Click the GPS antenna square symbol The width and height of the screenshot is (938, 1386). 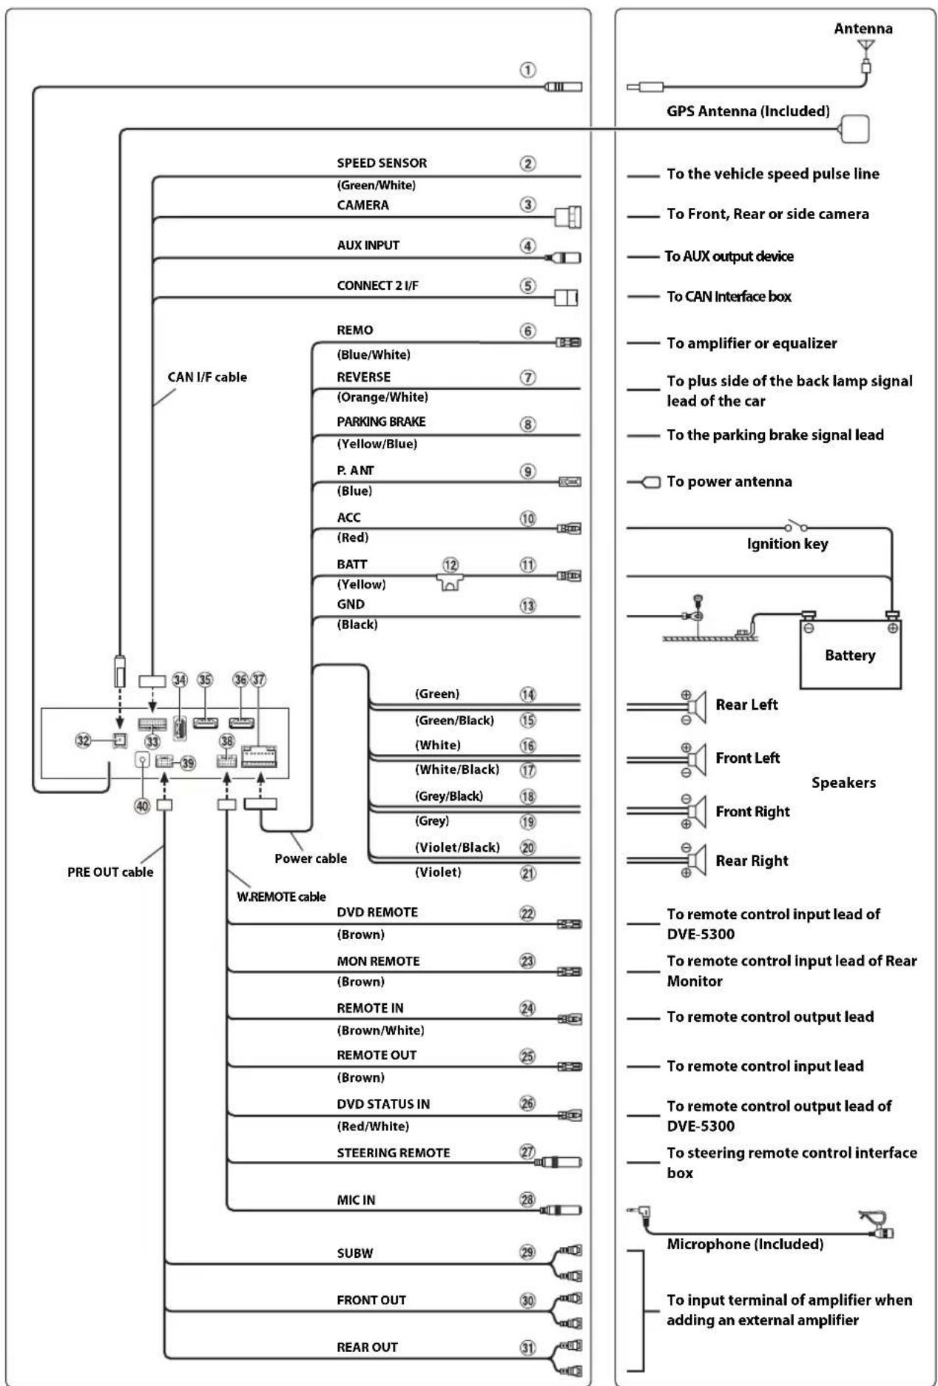854,129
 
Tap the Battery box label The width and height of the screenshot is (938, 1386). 850,655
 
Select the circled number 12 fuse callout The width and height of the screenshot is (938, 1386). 451,565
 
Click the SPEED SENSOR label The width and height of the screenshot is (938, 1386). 382,163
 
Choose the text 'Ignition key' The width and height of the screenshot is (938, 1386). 787,544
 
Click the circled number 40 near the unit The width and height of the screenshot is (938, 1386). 141,806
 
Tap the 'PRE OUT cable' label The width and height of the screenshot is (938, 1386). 110,872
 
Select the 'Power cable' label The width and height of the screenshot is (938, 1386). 311,858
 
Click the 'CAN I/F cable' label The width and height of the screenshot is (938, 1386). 207,377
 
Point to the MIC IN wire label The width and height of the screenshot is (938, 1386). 356,1200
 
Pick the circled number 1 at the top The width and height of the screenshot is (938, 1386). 527,70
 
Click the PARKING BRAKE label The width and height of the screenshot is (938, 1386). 381,421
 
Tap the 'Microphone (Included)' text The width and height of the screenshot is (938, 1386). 745,1244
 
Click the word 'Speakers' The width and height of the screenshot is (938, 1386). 843,782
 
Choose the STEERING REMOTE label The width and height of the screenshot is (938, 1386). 393,1152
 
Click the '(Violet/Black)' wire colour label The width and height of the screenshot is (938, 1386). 457,847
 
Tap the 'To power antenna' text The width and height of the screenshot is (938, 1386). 729,481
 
